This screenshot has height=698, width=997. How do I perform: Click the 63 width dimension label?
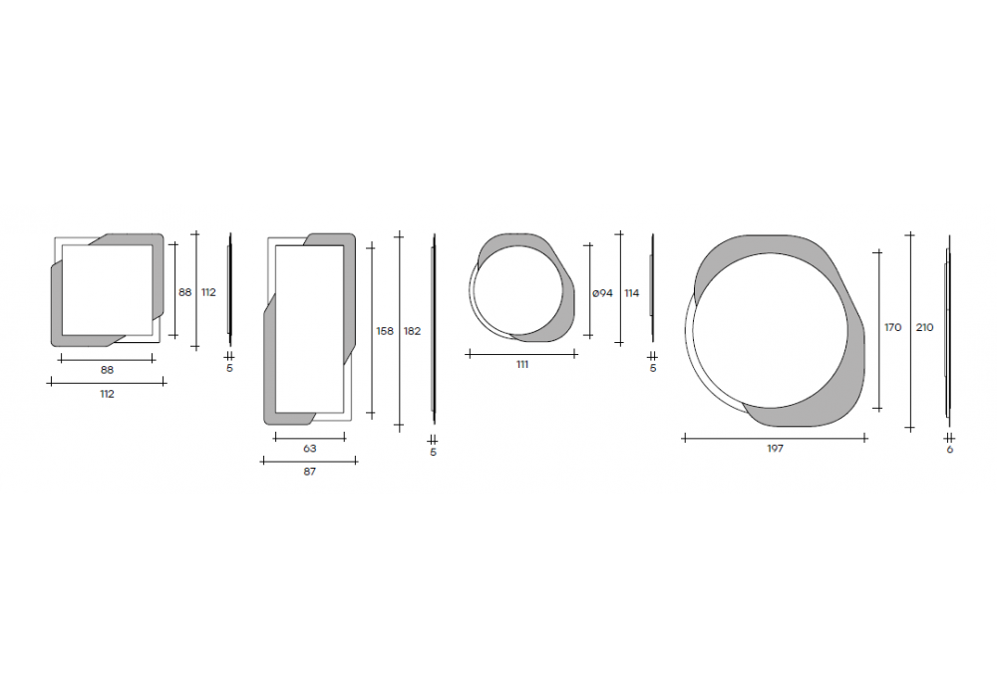point(310,448)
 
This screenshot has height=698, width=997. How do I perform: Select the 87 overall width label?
point(310,472)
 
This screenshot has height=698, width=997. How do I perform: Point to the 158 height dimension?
point(385,331)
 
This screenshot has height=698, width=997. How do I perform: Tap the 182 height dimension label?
point(412,331)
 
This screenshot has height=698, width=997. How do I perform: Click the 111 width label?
point(522,364)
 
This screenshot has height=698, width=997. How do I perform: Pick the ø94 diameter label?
point(602,293)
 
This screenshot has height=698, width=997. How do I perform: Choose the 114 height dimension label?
point(631,293)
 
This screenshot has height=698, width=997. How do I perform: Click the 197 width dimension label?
point(775,448)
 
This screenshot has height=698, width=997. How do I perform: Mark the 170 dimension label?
point(892,327)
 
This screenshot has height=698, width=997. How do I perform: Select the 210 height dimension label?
point(924,327)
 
